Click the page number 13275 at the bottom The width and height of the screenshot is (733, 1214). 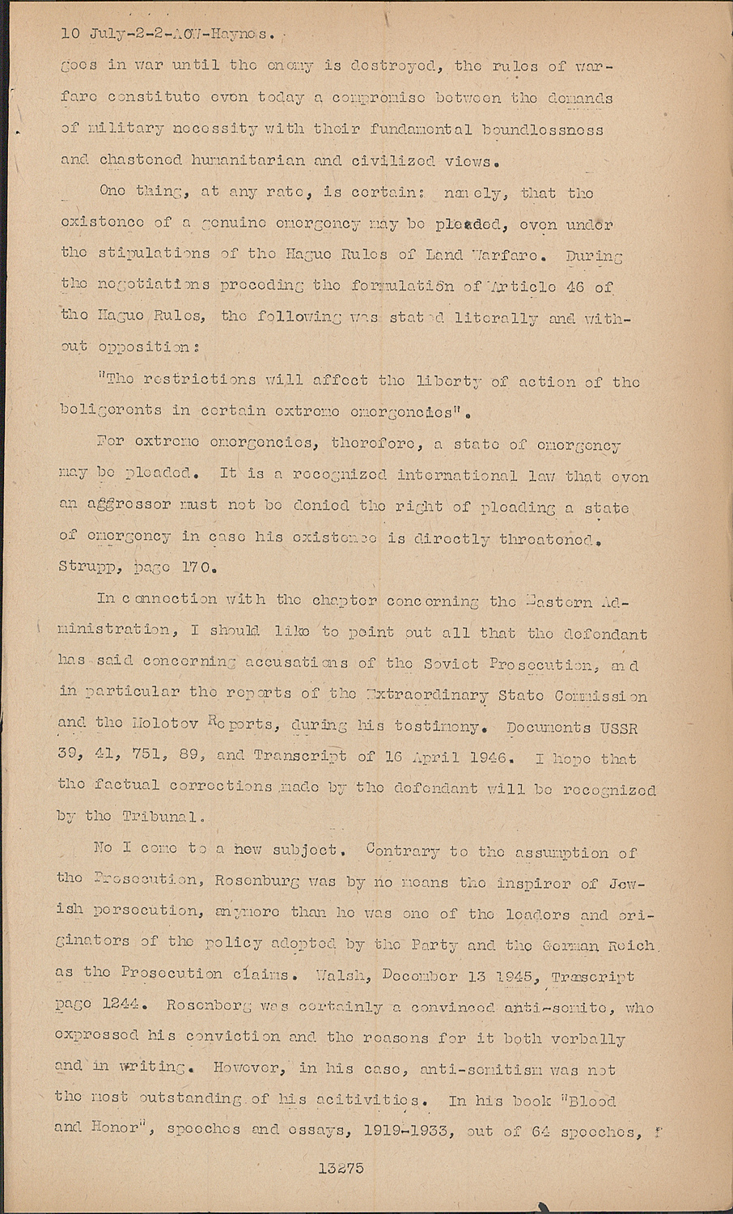pyautogui.click(x=341, y=1168)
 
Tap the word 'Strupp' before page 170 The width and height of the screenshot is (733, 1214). pyautogui.click(x=85, y=567)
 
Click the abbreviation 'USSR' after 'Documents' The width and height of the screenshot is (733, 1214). pyautogui.click(x=619, y=728)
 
